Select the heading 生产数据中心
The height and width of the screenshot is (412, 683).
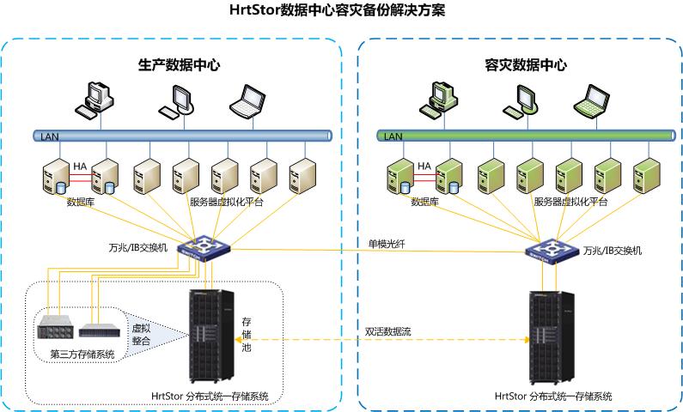tap(179, 64)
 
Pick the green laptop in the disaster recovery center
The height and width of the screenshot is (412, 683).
tap(594, 100)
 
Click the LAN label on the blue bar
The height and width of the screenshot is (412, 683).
tap(48, 136)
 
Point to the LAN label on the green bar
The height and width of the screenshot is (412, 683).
tap(393, 136)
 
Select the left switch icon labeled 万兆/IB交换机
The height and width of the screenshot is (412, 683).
tap(204, 249)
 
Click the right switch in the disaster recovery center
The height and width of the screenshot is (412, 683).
tap(550, 250)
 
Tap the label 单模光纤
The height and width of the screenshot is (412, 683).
tap(386, 244)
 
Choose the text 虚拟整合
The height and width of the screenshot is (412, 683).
tap(141, 334)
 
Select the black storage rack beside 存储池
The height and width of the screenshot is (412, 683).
tap(210, 337)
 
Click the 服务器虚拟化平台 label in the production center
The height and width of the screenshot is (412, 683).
tap(226, 203)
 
